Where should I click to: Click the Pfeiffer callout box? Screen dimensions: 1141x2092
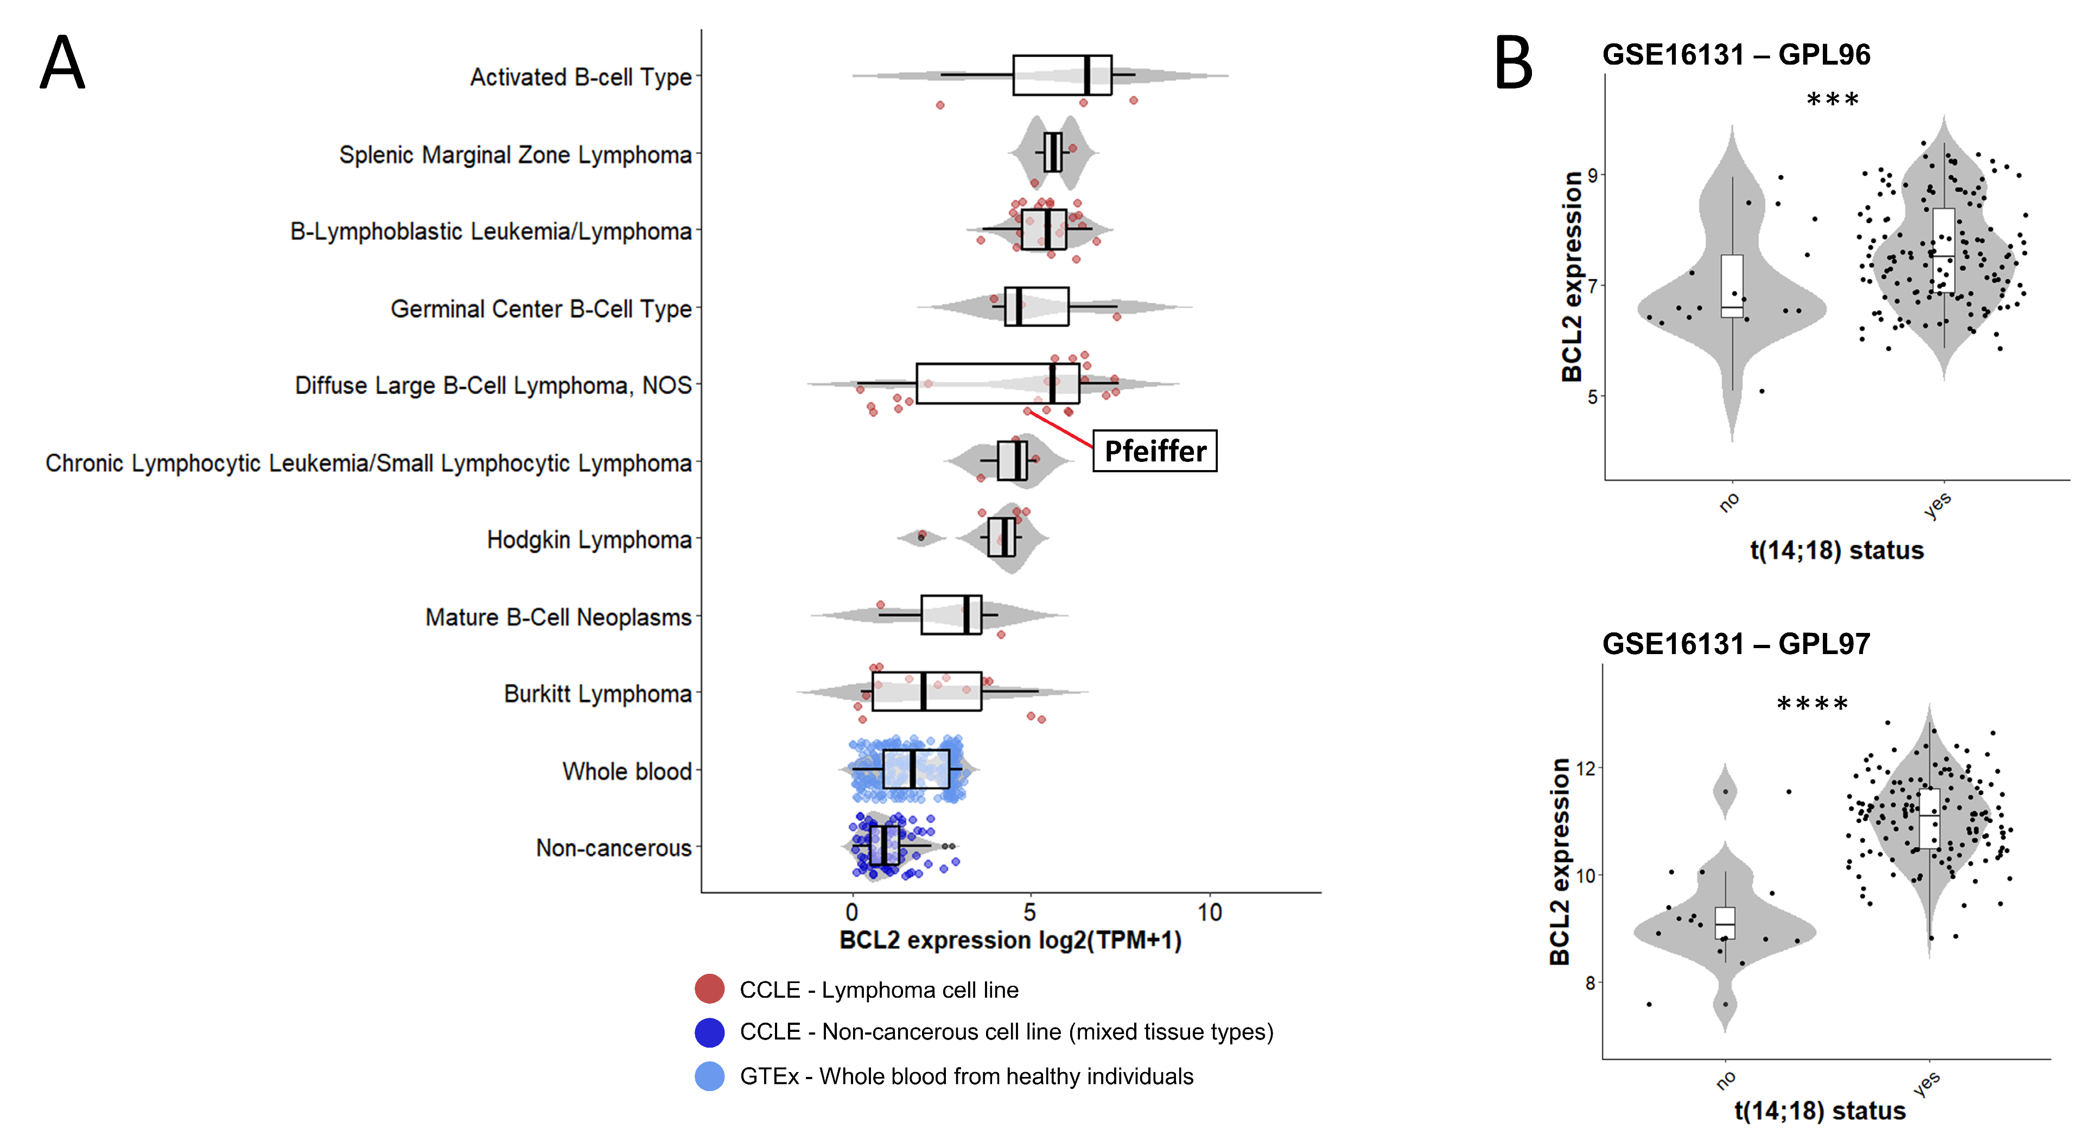tap(1154, 451)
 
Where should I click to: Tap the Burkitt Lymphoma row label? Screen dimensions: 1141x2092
tap(597, 694)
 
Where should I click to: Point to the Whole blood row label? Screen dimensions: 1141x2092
tap(627, 771)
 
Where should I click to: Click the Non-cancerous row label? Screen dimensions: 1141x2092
tap(613, 848)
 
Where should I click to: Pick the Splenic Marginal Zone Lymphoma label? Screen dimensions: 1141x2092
tap(515, 154)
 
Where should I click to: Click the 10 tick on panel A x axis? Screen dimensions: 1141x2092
tap(1209, 913)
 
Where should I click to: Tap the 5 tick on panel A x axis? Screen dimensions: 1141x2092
tap(1030, 913)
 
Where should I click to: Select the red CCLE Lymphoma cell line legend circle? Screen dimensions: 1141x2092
tap(710, 989)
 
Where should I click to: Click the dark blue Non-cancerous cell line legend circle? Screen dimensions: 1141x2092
tap(710, 1032)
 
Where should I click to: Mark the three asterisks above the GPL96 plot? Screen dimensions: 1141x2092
tap(1832, 101)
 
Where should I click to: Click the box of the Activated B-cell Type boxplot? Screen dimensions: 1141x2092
tap(1061, 75)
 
